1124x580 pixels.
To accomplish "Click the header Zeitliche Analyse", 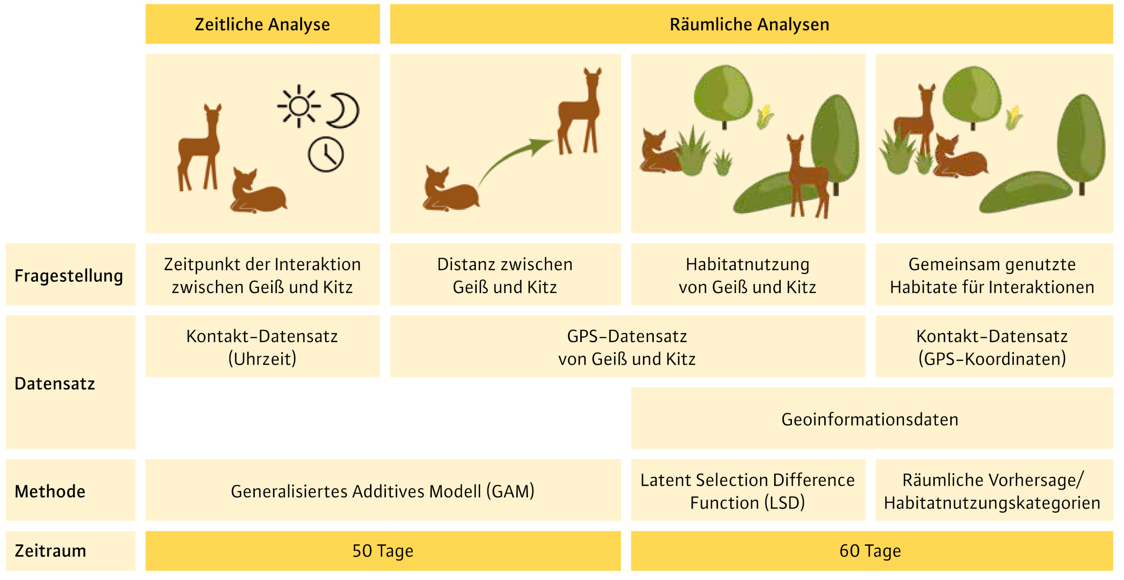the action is [262, 24].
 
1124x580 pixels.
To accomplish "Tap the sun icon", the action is [299, 106].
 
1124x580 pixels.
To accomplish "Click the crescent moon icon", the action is [344, 110].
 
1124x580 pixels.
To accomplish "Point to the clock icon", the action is [325, 154].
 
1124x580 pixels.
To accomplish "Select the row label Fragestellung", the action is [69, 276].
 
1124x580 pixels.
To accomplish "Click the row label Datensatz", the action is [55, 383].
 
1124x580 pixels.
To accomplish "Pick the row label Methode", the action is [50, 492].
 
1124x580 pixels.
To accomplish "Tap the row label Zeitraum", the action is [51, 551].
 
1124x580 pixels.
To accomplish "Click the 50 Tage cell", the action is [383, 551].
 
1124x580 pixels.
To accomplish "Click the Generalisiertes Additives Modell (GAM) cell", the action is [383, 490].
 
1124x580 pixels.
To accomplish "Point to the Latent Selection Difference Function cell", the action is [748, 490].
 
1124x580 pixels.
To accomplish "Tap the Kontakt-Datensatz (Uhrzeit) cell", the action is [262, 346].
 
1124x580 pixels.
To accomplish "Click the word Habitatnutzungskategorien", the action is [992, 503].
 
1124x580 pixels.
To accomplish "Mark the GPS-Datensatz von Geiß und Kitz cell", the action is [628, 346].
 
